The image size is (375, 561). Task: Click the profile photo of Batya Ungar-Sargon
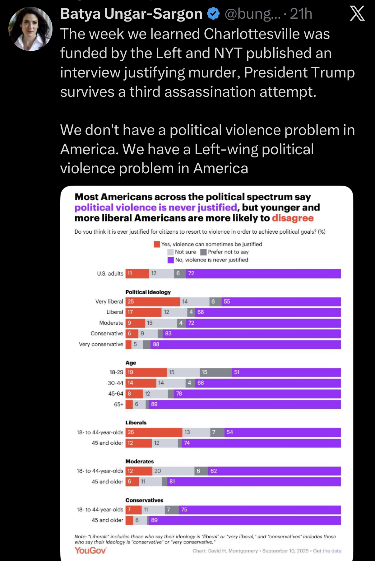pos(30,29)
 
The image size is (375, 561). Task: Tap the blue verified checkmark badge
pos(213,14)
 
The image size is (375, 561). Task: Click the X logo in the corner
pos(357,14)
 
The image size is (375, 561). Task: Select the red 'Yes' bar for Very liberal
pos(153,302)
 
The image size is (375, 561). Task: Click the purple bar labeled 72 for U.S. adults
pos(263,273)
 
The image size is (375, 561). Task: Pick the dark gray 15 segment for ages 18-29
pos(215,372)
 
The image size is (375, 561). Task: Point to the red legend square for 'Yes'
pos(157,244)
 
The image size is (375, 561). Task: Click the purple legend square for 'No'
pos(170,260)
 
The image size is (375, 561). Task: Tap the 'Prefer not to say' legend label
pos(228,252)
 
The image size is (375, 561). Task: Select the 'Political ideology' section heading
pos(148,292)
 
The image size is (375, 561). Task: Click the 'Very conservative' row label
pos(101,344)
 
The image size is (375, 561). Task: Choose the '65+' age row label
pos(118,404)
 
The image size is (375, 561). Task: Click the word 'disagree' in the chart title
pos(293,218)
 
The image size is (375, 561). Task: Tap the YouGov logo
pos(90,550)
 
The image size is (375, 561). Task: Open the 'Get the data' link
pos(327,551)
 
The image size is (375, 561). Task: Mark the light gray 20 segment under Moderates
pos(173,471)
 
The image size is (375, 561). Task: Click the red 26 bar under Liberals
pos(154,432)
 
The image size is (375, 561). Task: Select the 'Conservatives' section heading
pos(144,500)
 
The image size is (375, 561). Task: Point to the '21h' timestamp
pos(301,14)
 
